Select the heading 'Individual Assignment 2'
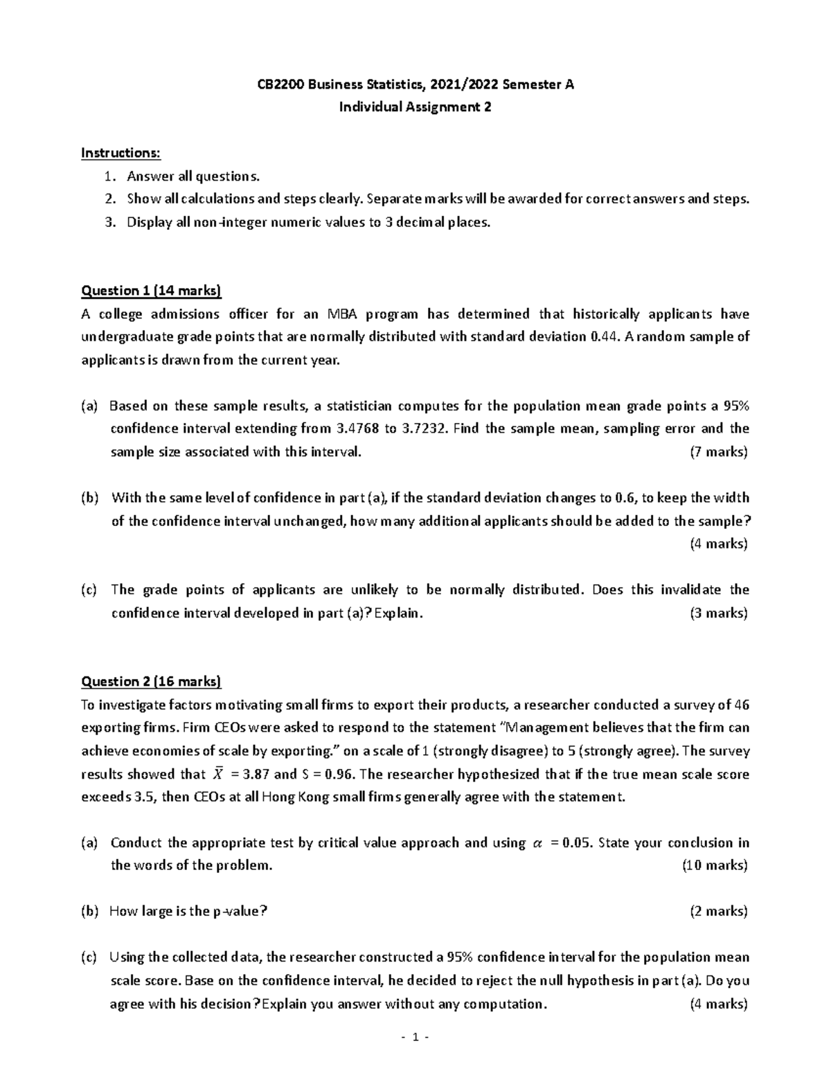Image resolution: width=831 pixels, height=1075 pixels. pos(415,107)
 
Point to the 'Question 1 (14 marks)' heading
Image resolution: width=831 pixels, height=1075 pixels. pos(151,291)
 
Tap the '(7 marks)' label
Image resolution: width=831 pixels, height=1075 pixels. pos(718,452)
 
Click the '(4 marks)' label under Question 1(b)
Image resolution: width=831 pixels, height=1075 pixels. pos(718,543)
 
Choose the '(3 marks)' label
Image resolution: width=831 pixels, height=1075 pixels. pos(718,613)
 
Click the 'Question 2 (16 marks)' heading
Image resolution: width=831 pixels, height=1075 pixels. pos(151,682)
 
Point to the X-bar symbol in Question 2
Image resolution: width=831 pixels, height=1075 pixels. pos(219,774)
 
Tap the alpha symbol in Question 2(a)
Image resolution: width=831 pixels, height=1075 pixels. pos(537,843)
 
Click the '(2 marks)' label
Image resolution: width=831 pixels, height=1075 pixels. pos(718,911)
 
